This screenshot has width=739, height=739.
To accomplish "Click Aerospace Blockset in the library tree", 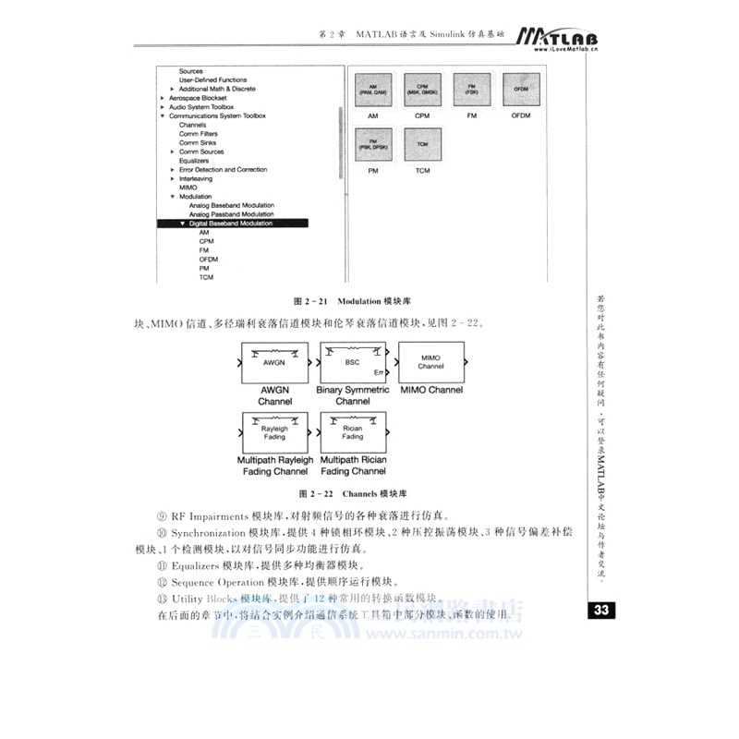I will [x=198, y=98].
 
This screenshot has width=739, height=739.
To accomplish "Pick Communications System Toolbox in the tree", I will [x=216, y=116].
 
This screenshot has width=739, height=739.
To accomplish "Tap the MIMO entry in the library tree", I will [x=188, y=188].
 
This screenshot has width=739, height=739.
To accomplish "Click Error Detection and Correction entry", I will [x=223, y=170].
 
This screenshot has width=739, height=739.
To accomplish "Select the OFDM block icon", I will [x=520, y=93].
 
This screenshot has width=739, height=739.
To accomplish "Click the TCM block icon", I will [x=422, y=146].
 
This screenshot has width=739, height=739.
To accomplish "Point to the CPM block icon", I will [x=422, y=93].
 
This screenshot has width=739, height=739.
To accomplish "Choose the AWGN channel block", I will [x=274, y=363].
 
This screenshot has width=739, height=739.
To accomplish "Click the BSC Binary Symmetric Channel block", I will [x=353, y=363].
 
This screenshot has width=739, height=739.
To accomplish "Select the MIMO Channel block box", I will [x=430, y=362].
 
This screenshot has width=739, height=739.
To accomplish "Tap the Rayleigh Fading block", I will [x=274, y=432].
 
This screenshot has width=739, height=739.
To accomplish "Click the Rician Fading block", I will [x=353, y=432].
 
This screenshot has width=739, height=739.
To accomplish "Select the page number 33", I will [x=600, y=611].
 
